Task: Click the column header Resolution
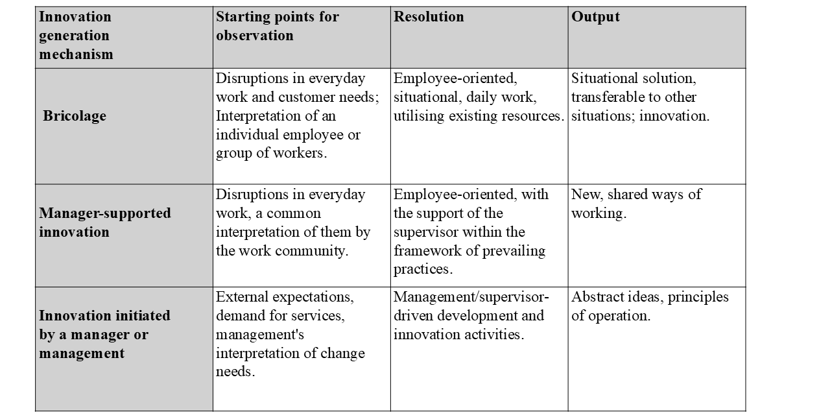click(x=429, y=18)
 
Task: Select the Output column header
click(x=595, y=18)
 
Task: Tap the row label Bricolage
click(x=75, y=116)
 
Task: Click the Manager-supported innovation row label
click(x=105, y=222)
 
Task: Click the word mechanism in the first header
click(x=76, y=54)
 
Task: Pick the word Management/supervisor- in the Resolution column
click(x=471, y=297)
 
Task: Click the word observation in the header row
click(x=255, y=36)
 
